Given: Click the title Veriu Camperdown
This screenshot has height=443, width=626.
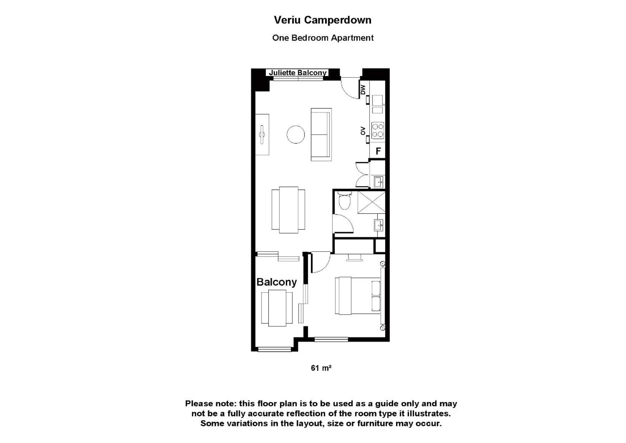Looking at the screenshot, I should coord(323,20).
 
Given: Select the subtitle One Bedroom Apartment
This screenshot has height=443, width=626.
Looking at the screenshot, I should coord(323,38).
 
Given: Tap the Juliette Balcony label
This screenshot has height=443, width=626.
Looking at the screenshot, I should coord(297,73).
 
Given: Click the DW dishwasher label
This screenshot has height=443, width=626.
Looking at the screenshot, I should coord(363,89).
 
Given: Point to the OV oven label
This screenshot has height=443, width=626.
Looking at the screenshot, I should coord(363,131).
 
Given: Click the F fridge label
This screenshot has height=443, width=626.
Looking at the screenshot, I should coord(378,151).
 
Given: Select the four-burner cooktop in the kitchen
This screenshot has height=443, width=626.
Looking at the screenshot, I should coord(378,130).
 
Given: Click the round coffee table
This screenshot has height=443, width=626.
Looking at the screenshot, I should coord(296,134).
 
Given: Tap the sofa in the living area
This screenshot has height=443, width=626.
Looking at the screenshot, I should coord(321,134).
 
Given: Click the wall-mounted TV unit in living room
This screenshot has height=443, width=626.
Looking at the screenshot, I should coord(262,134).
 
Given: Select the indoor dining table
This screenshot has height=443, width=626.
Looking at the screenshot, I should coord(288,210).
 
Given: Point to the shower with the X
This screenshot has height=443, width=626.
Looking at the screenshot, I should coord(371,202).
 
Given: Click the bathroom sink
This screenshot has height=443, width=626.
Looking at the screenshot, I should coord(379,225).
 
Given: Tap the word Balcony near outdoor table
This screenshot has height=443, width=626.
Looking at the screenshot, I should coord(277,282).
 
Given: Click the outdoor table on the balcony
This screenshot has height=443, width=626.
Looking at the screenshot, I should coord(277,308).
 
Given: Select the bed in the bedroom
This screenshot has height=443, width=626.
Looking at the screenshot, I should coord(358,296).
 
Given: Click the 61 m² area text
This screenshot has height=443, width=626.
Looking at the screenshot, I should coord(321,368).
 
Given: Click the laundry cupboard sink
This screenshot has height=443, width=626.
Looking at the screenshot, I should coord(378,182).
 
